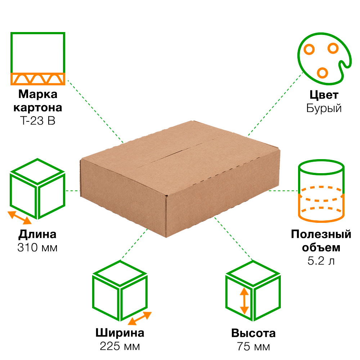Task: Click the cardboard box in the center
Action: [x=180, y=180]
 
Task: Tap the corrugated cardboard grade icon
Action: [x=37, y=58]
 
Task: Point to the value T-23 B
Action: [x=37, y=121]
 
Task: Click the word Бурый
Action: [x=324, y=108]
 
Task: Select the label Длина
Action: [x=37, y=234]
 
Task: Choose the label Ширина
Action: [x=120, y=333]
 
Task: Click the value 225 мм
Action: [x=120, y=346]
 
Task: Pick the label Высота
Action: [x=253, y=333]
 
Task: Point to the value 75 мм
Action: [x=253, y=347]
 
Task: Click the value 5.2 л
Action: [x=321, y=261]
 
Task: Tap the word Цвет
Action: [x=324, y=95]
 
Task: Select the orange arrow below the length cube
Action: [x=20, y=217]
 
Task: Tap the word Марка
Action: [x=37, y=94]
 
